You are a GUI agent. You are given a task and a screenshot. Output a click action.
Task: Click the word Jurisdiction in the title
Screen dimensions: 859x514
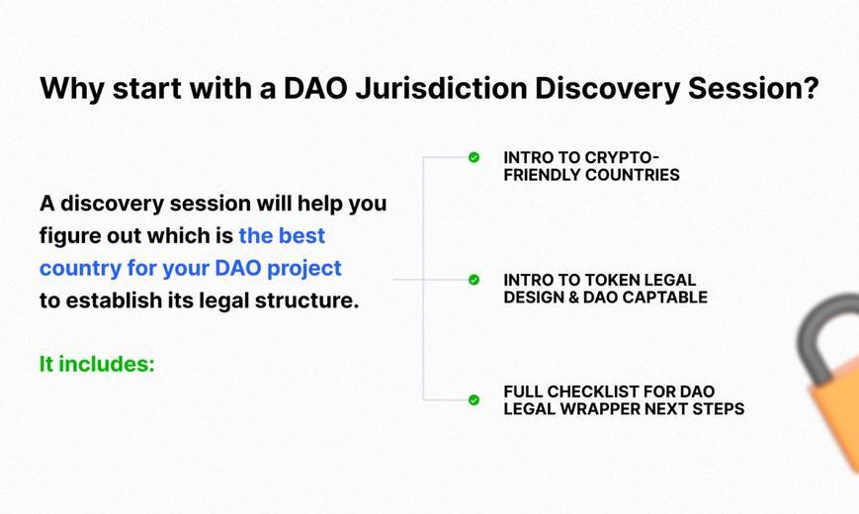click(x=441, y=89)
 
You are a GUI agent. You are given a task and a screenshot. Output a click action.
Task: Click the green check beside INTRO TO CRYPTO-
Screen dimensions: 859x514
click(x=473, y=157)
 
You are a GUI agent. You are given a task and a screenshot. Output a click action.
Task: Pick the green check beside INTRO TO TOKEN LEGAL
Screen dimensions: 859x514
click(x=473, y=280)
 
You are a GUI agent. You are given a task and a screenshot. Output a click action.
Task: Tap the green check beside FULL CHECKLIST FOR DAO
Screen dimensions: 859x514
click(x=473, y=400)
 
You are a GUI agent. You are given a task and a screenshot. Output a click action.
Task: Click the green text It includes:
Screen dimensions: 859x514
click(x=97, y=364)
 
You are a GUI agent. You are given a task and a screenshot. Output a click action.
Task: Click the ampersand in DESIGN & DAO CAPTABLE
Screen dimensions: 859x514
click(x=571, y=298)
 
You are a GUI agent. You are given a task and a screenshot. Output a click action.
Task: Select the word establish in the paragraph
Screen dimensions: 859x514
click(x=114, y=300)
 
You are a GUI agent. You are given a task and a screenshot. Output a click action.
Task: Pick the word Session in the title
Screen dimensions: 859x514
click(x=742, y=89)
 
